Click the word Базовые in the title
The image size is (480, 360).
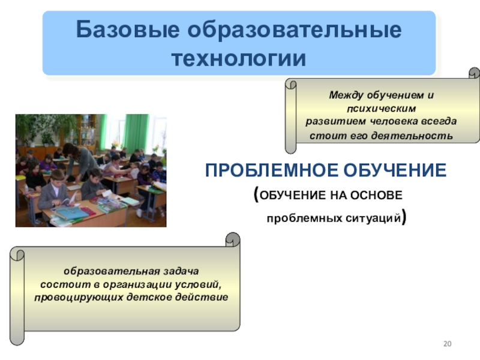128,30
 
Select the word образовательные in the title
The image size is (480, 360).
295,30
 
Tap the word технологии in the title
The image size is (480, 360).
239,58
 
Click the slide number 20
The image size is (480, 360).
447,344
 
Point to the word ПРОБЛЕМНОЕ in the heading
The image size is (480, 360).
271,170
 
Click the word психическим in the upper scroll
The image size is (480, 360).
382,109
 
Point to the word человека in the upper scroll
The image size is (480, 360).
394,122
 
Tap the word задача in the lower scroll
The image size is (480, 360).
181,271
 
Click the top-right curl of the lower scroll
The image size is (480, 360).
233,239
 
